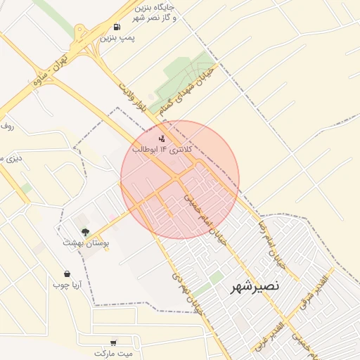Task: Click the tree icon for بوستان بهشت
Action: pyautogui.click(x=86, y=231)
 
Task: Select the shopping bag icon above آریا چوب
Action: pyautogui.click(x=67, y=274)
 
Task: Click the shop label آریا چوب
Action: pyautogui.click(x=67, y=285)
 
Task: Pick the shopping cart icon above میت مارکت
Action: pyautogui.click(x=113, y=343)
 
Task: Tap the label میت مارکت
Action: pyautogui.click(x=115, y=354)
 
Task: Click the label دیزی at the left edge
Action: pyautogui.click(x=11, y=158)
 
